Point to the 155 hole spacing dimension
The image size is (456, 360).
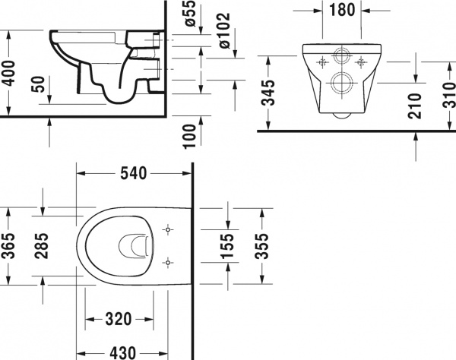tap(226, 245)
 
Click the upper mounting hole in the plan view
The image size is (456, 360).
tap(167, 228)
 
